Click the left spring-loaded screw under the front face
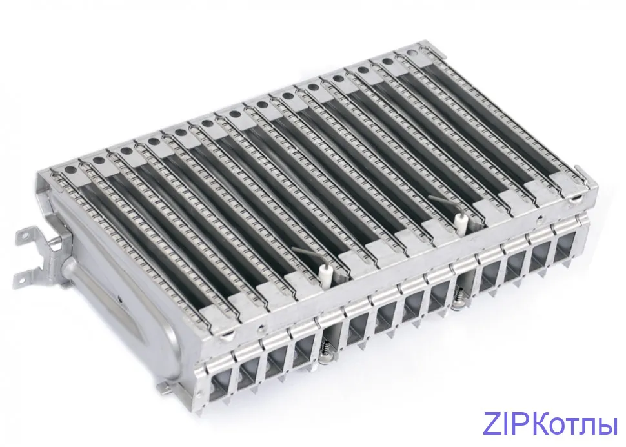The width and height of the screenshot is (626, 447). tap(325, 352)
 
